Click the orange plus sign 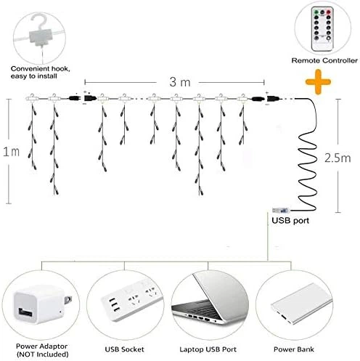[x=318, y=81]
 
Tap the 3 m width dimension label [x=180, y=82]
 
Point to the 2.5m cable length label [x=337, y=158]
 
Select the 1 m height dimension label [x=11, y=152]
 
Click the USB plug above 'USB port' [x=281, y=211]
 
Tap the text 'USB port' [x=290, y=221]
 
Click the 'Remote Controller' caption [x=324, y=60]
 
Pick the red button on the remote [x=328, y=12]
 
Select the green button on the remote [x=316, y=12]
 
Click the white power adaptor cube [x=40, y=304]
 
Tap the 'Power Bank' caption [x=294, y=349]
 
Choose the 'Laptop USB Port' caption [x=208, y=349]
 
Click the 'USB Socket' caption [x=124, y=349]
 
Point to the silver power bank [x=301, y=303]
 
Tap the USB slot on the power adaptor [x=25, y=312]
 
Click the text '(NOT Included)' [x=42, y=354]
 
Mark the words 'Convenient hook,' [x=40, y=69]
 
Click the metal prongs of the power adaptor [x=67, y=300]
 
